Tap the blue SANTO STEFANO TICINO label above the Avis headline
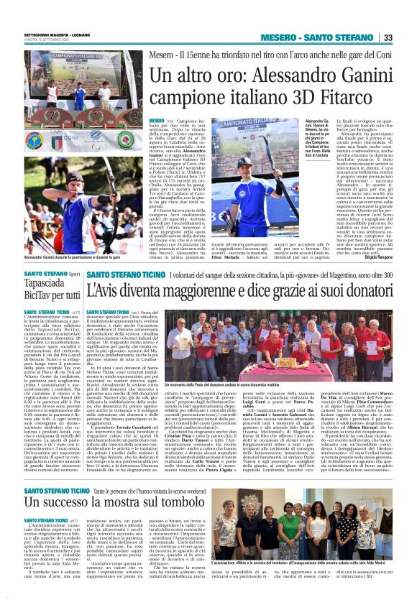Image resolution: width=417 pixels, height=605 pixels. tap(114, 275)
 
